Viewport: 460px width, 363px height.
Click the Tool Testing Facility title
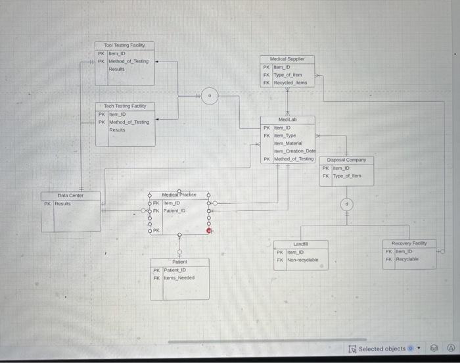[x=124, y=45]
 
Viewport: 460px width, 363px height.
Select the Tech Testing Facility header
[x=125, y=105]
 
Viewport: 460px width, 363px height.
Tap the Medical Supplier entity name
[x=287, y=59]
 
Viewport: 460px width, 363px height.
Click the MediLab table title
[x=287, y=120]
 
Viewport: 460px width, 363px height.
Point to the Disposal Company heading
[x=346, y=160]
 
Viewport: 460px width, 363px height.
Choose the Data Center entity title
[x=70, y=195]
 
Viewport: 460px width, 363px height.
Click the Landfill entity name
[x=300, y=244]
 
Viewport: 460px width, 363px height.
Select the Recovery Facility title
[x=409, y=243]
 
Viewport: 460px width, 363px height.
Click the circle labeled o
[x=209, y=96]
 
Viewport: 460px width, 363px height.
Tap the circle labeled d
[x=346, y=205]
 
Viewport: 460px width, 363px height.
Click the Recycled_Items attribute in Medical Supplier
[x=290, y=84]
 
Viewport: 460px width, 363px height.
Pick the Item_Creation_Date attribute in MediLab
[x=293, y=151]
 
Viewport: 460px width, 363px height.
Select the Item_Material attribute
[x=287, y=143]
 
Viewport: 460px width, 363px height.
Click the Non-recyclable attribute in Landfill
[x=302, y=260]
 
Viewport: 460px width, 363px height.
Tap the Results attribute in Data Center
[x=63, y=204]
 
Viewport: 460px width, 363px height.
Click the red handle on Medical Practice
[x=209, y=230]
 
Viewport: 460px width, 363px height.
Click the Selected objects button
[x=381, y=349]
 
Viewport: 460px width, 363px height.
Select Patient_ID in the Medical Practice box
[x=174, y=210]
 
